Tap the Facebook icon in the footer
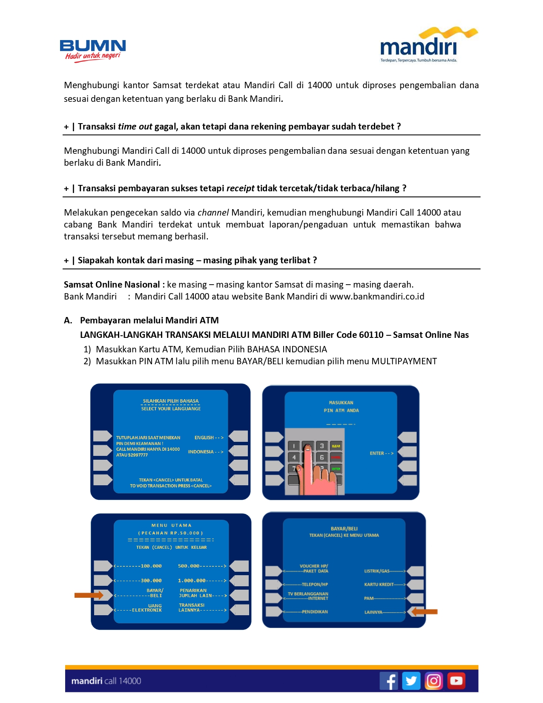pyautogui.click(x=389, y=680)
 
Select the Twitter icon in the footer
pyautogui.click(x=411, y=680)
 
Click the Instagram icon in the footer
pyautogui.click(x=434, y=680)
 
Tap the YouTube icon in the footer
pyautogui.click(x=456, y=680)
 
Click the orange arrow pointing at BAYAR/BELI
pyautogui.click(x=89, y=595)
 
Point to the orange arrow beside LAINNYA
pyautogui.click(x=425, y=612)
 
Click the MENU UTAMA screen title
pyautogui.click(x=171, y=525)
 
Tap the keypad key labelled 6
pyautogui.click(x=322, y=458)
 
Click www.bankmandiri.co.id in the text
pyautogui.click(x=377, y=297)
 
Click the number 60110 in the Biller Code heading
pyautogui.click(x=371, y=335)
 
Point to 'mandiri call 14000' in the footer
pyautogui.click(x=106, y=681)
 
